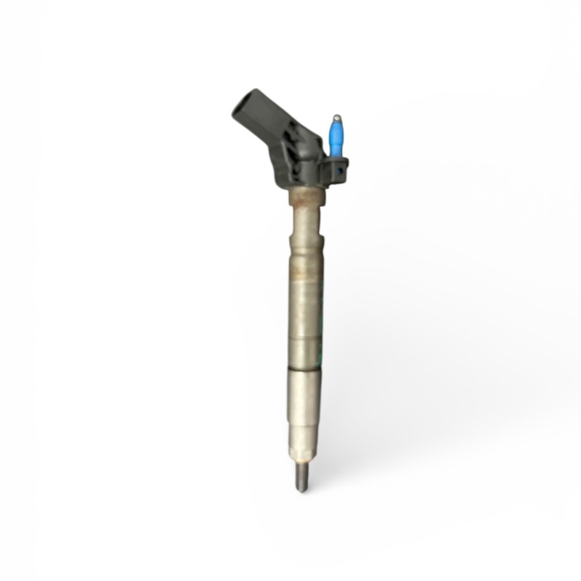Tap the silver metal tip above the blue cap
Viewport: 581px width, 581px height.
coord(336,117)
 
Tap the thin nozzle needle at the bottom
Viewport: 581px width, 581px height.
coord(301,479)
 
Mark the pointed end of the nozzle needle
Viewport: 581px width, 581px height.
coord(301,490)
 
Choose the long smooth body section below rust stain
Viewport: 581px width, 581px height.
coord(304,320)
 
